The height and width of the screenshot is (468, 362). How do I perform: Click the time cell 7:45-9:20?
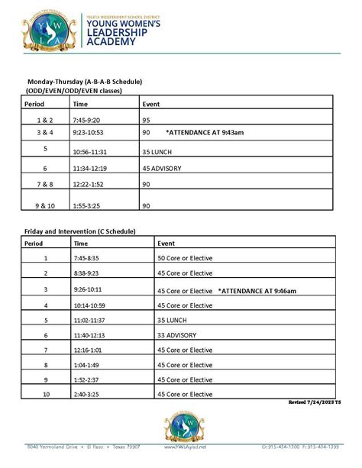(x=88, y=120)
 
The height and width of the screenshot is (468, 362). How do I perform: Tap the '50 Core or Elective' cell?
(x=185, y=258)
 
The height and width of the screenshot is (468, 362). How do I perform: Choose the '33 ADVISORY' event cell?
(x=178, y=336)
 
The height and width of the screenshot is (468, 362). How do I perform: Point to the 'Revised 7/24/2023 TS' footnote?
(x=312, y=402)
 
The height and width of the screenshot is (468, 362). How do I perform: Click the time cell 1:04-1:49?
(x=88, y=365)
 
